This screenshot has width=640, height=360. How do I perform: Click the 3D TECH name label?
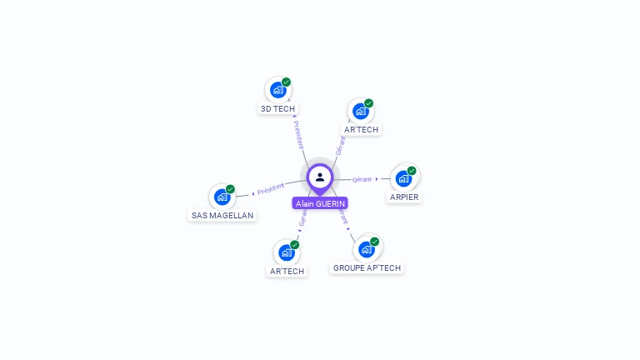tap(277, 108)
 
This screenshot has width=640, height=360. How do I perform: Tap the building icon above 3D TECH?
tap(277, 90)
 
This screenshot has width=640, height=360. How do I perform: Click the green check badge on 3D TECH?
tap(286, 82)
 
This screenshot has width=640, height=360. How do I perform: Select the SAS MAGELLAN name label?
tap(222, 215)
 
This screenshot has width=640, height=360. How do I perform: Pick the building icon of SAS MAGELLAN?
tap(222, 197)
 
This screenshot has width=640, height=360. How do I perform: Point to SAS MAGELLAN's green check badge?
tap(230, 189)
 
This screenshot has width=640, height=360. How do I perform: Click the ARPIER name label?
tap(404, 197)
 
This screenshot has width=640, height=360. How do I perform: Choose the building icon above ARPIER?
tap(404, 178)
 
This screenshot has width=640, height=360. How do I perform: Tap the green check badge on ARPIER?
tap(412, 171)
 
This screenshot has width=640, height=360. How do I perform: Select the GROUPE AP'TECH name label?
tap(367, 267)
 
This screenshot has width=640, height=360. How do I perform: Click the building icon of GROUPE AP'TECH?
tap(366, 249)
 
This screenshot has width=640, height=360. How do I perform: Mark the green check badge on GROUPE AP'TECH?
tap(374, 242)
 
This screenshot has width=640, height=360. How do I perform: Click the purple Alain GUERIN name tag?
tap(320, 203)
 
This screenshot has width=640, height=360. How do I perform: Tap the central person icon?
tap(320, 177)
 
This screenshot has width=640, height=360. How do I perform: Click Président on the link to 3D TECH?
tap(299, 135)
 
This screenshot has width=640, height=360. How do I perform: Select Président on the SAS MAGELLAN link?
tap(271, 189)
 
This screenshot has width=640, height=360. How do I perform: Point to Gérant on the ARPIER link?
tap(362, 179)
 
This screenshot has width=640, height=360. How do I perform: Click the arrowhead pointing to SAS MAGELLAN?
tap(252, 193)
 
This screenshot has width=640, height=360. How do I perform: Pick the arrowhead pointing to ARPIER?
tap(377, 179)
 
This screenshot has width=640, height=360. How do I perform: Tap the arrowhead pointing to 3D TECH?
tap(294, 117)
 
